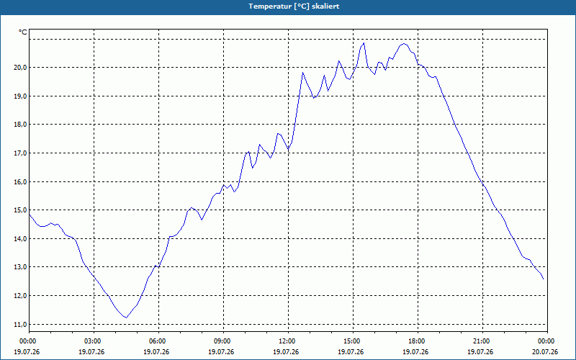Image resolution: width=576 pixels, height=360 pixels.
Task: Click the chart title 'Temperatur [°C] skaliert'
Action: click(294, 6)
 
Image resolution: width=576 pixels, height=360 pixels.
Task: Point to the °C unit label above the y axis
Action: click(23, 32)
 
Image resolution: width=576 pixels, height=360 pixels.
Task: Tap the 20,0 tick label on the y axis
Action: click(19, 68)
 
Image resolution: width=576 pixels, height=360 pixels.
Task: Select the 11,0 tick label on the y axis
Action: click(19, 325)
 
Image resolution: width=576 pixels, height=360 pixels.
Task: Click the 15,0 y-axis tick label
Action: click(19, 210)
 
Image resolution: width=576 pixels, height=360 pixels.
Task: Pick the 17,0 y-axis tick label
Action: click(19, 153)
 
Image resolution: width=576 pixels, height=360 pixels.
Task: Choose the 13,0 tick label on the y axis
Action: click(19, 267)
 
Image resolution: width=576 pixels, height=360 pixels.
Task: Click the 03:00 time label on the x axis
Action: click(94, 341)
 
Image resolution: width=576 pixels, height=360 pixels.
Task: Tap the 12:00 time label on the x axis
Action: click(289, 341)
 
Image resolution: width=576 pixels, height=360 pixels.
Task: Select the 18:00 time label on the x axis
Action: click(418, 341)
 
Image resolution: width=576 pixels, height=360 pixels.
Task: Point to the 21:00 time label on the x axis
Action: click(482, 341)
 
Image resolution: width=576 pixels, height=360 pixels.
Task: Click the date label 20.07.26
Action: click(547, 352)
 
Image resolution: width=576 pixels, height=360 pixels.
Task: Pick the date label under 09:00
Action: click(223, 352)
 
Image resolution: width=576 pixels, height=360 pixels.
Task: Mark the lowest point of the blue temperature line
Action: click(126, 318)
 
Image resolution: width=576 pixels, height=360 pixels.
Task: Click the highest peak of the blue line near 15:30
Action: click(364, 43)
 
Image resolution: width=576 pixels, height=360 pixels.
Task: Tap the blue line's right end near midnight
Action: click(544, 279)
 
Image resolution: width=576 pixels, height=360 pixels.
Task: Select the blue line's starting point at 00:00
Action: click(30, 215)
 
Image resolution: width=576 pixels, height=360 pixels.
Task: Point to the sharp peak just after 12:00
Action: click(302, 73)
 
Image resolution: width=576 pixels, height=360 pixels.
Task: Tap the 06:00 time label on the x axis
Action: click(158, 341)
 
